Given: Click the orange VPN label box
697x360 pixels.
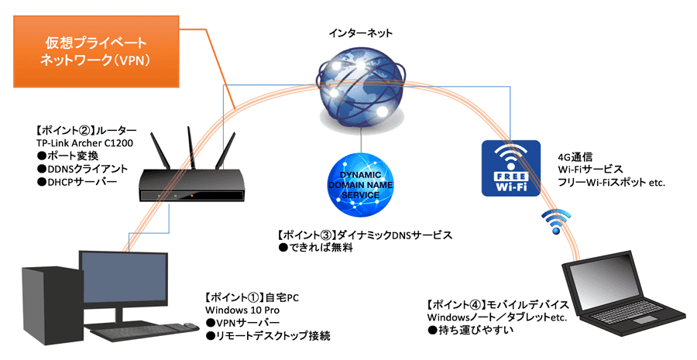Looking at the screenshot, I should pyautogui.click(x=94, y=50).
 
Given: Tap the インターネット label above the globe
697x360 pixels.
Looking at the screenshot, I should pyautogui.click(x=360, y=33).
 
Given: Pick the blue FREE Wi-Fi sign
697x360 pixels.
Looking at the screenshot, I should pyautogui.click(x=510, y=169).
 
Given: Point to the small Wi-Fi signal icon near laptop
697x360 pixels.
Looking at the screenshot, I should pyautogui.click(x=555, y=221).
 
